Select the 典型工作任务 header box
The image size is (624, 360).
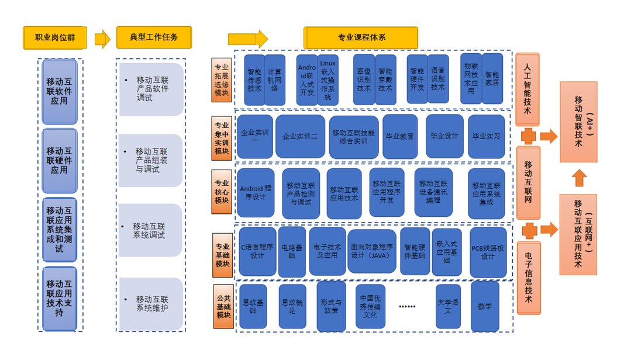click(x=154, y=38)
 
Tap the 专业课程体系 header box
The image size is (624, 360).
click(x=361, y=38)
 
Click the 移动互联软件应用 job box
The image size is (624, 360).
click(x=60, y=92)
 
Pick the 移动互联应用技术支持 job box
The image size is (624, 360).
click(x=60, y=298)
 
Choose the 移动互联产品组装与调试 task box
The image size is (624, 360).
click(x=151, y=160)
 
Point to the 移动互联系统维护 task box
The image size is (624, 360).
click(x=151, y=303)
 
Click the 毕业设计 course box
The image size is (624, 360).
click(x=444, y=136)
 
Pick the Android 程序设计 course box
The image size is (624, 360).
click(x=256, y=193)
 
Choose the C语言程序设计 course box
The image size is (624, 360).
click(x=257, y=251)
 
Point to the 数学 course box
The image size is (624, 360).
click(x=485, y=306)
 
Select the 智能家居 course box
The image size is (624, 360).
click(x=492, y=79)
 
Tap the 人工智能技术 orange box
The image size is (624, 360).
click(x=528, y=89)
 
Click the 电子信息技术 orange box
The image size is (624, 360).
click(x=528, y=278)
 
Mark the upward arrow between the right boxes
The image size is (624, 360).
click(x=578, y=178)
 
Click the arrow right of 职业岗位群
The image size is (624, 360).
click(x=102, y=39)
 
